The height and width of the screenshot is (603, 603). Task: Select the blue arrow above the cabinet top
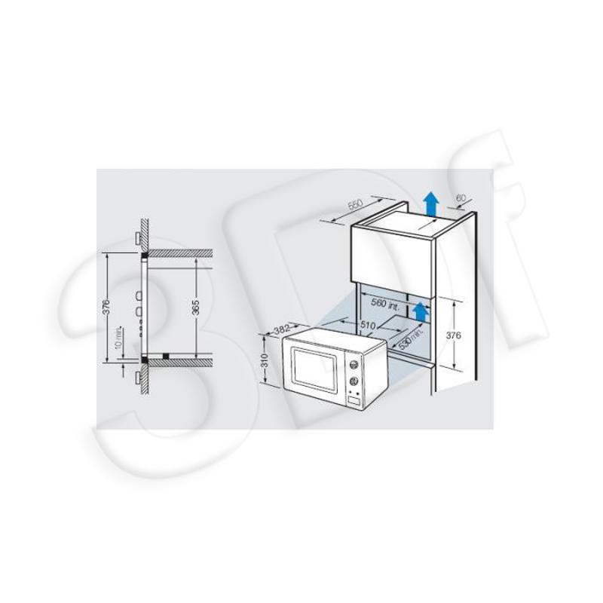click(x=430, y=203)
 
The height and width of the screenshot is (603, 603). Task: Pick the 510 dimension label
click(x=369, y=325)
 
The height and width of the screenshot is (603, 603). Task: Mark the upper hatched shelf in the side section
click(x=181, y=253)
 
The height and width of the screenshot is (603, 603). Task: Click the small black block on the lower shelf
click(x=166, y=354)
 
